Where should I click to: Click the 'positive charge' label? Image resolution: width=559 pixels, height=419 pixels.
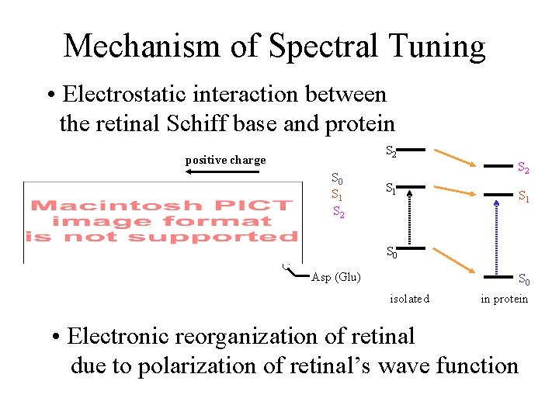tap(225, 160)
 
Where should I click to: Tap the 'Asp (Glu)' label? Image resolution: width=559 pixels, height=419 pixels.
tap(335, 277)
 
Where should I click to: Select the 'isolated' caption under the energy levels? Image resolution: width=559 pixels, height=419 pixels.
tap(409, 299)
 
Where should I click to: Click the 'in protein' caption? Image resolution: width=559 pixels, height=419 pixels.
tap(504, 299)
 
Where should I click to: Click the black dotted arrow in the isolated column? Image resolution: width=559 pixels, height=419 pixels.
tap(411, 217)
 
